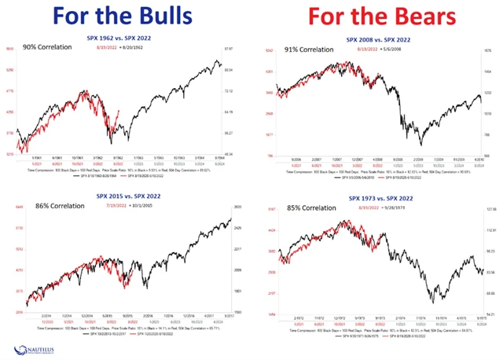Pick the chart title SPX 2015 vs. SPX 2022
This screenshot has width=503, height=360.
(128, 194)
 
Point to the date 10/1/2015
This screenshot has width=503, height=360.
(157, 207)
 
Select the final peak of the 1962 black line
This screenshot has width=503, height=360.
(217, 59)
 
